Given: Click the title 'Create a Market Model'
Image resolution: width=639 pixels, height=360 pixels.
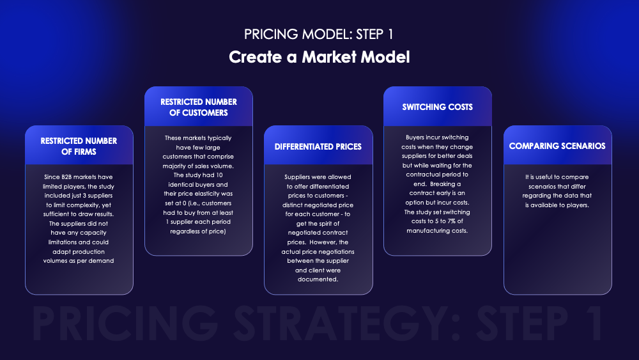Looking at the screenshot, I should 319,57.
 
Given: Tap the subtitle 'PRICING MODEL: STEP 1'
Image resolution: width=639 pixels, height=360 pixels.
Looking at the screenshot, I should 319,33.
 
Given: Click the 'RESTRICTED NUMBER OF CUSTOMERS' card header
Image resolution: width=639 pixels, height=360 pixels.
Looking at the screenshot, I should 198,107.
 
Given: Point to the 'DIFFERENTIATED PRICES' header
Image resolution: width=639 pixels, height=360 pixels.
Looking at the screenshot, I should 318,146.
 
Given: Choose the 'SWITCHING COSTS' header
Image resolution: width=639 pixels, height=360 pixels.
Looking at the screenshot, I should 438,107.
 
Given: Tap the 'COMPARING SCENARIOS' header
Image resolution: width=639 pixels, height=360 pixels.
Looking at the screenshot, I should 557,146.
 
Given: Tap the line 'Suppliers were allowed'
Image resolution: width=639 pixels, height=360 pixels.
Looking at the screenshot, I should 318,176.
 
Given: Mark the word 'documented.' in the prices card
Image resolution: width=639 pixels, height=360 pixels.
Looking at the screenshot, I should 318,279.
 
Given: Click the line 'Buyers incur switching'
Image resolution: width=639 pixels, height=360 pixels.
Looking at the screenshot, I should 438,137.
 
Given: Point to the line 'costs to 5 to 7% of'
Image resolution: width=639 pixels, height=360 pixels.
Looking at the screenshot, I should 438,221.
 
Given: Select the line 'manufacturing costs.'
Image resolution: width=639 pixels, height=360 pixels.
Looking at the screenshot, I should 438,230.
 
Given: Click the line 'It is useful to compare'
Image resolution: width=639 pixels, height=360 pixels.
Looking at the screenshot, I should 557,177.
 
